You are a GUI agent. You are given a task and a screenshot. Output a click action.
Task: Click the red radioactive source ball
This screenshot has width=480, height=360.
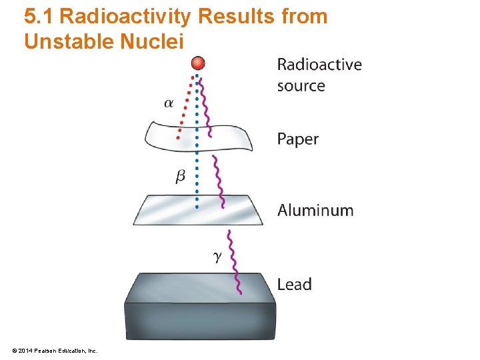click(x=197, y=63)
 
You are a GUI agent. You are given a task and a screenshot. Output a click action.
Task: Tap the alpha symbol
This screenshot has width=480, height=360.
click(x=169, y=103)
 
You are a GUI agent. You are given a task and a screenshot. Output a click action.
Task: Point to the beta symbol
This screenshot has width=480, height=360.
click(x=180, y=176)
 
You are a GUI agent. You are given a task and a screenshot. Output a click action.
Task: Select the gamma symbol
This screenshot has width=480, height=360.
click(x=217, y=256)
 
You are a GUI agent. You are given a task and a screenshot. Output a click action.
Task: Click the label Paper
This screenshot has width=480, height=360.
click(x=297, y=139)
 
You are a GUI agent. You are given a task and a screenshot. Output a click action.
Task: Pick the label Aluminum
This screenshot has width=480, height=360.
click(x=315, y=210)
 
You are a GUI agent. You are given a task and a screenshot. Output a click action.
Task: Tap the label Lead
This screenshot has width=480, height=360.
click(x=294, y=284)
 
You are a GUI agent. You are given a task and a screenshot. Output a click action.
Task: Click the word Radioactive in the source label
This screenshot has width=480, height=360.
click(x=319, y=65)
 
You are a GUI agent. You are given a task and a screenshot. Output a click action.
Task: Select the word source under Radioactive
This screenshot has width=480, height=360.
click(x=301, y=85)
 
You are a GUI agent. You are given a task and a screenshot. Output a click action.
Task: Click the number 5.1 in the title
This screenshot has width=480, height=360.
click(x=38, y=16)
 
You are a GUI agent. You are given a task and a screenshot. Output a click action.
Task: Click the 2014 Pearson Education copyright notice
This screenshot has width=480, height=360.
click(x=55, y=350)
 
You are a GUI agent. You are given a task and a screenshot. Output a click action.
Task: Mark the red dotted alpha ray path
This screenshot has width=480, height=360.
click(x=185, y=107)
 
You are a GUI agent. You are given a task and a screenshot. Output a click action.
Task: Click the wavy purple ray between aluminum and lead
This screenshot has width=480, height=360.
click(x=233, y=260)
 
